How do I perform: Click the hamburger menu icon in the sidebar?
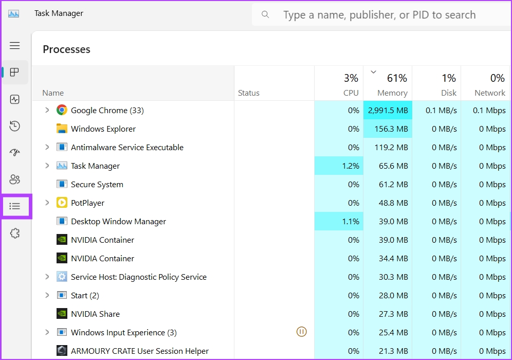[x=15, y=46]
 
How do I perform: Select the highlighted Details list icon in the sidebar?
[x=15, y=206]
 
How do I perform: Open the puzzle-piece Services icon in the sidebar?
[x=15, y=233]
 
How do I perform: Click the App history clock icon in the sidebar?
[x=15, y=126]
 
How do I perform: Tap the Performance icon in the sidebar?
[x=15, y=99]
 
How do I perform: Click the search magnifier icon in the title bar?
[x=265, y=14]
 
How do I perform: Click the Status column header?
[x=249, y=93]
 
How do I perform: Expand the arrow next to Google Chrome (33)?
[x=47, y=110]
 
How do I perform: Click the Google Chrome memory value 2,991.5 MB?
[x=388, y=110]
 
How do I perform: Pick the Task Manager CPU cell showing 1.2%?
[x=339, y=166]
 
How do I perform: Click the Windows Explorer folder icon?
[x=62, y=129]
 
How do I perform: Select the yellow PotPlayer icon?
[x=62, y=203]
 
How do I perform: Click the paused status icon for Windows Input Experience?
[x=302, y=332]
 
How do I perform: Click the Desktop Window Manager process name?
[x=118, y=221]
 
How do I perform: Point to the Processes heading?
[x=66, y=49]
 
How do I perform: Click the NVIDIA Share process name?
[x=95, y=314]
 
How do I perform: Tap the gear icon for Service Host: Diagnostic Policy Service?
[x=62, y=277]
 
